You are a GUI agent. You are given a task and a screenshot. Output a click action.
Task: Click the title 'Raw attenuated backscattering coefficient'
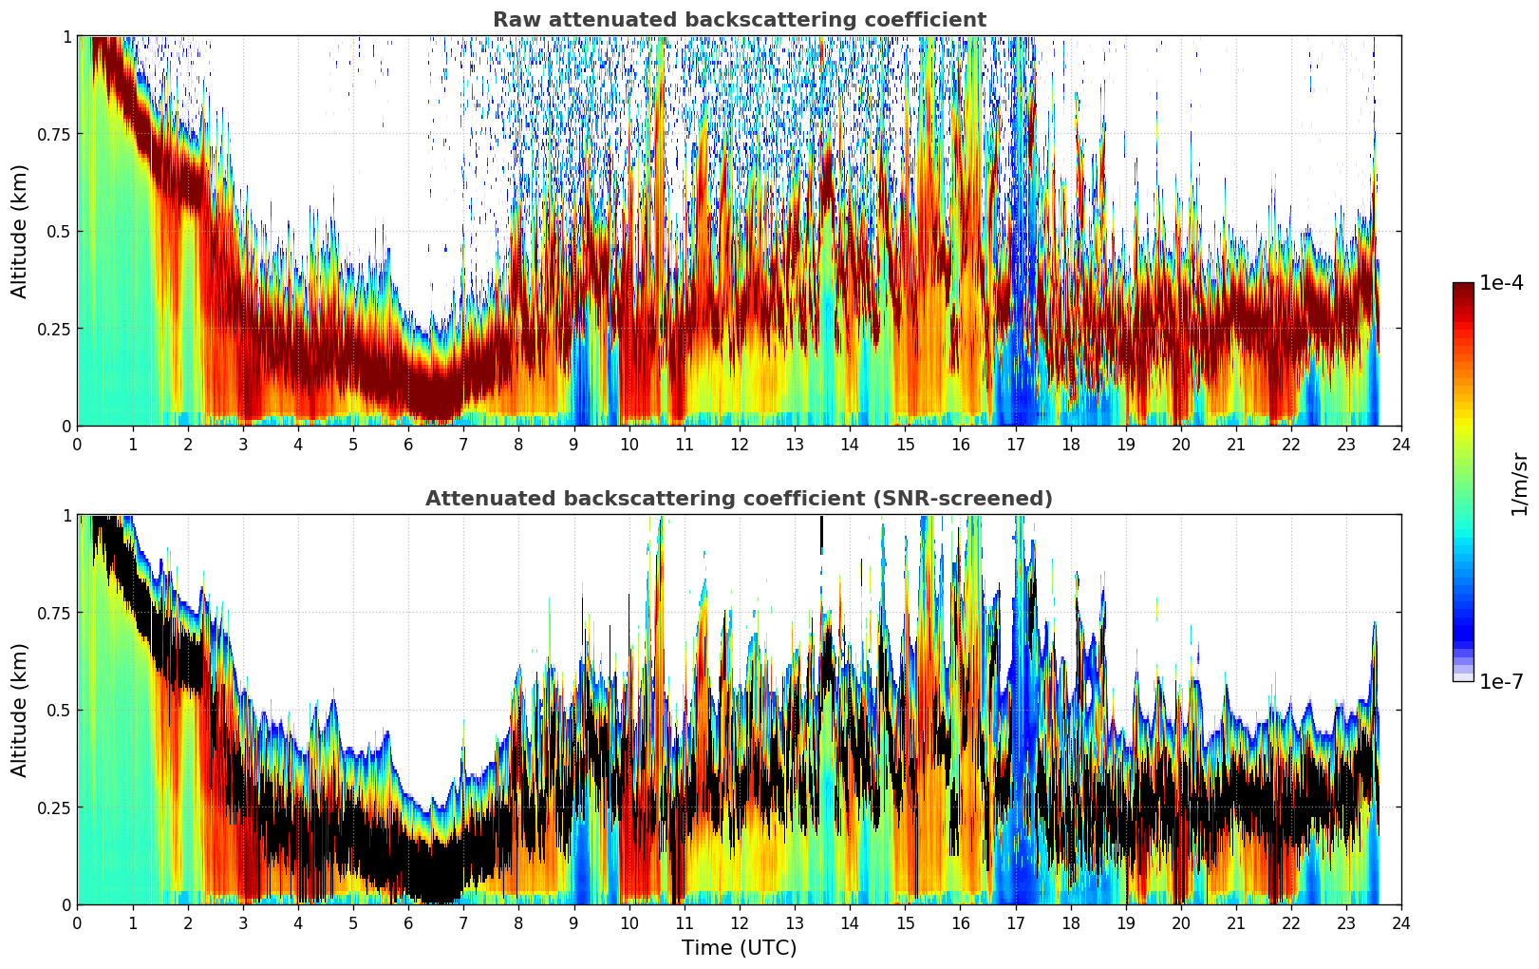739,20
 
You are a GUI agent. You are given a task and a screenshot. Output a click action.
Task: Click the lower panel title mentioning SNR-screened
739,499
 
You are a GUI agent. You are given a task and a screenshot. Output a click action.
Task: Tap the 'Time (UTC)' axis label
739,948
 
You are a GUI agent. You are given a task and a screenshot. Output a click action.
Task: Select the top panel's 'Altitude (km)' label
20,231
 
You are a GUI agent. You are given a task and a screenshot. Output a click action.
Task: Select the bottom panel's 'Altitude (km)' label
20,710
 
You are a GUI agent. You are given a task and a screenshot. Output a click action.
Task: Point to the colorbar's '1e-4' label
1501,283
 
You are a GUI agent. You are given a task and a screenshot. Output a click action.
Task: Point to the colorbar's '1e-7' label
1501,681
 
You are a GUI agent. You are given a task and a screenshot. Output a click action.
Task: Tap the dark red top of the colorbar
1463,289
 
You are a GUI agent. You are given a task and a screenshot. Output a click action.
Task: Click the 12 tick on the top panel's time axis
740,444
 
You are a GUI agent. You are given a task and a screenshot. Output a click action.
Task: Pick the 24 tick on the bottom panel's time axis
1401,922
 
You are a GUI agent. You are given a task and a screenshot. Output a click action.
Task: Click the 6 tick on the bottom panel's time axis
408,922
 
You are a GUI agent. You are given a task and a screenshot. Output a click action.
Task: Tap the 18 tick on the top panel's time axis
1071,444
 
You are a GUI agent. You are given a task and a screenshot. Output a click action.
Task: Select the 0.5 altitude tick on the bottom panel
59,710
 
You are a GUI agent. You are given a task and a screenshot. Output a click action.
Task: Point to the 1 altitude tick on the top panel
66,36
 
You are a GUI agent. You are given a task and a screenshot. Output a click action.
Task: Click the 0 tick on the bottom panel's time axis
78,922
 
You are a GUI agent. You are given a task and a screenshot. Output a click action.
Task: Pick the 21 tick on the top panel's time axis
1236,444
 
